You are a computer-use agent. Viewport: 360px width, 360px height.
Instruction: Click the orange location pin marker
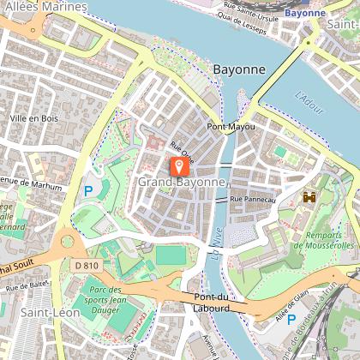tap(178, 165)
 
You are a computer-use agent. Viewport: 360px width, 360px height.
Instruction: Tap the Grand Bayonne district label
tap(181, 183)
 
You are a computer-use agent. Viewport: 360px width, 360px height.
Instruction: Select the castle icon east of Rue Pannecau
tap(308, 196)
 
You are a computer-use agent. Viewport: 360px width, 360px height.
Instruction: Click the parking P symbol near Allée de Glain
tap(291, 320)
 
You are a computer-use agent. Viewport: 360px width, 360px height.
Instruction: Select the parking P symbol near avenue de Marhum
tap(87, 190)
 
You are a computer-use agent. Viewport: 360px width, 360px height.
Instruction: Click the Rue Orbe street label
tap(182, 150)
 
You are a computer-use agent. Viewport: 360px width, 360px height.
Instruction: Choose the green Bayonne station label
tap(305, 13)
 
